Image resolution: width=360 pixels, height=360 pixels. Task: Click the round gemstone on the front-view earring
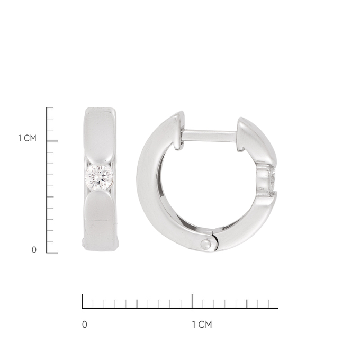coord(99,177)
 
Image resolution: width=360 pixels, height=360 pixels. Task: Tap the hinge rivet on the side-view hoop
coord(206,244)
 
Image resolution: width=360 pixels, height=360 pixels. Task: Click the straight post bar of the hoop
coord(210,136)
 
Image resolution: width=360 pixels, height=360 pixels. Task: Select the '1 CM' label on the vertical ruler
coord(28,138)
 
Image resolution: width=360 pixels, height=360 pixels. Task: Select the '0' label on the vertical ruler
coord(34,250)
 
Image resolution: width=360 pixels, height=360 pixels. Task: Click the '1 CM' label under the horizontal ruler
coord(202,325)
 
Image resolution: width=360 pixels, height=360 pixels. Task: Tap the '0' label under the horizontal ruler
coord(85,325)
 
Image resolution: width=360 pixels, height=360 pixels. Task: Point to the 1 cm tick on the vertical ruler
coord(52,141)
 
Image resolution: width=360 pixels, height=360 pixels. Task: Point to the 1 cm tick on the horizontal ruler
coord(192,301)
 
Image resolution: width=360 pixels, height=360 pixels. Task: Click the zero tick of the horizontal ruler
coord(83,301)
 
